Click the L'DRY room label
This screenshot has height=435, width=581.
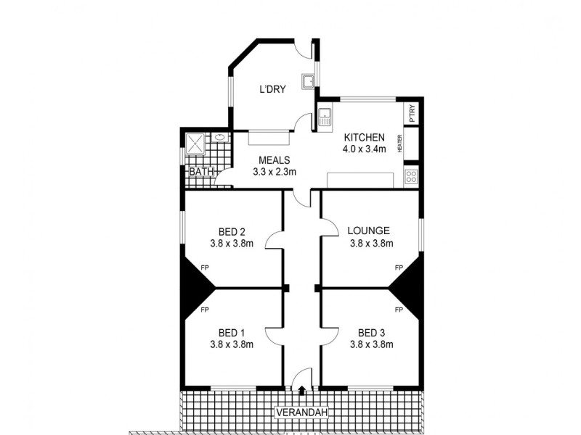pyautogui.click(x=273, y=90)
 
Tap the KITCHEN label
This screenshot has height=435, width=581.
pyautogui.click(x=364, y=138)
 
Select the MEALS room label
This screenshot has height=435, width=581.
pyautogui.click(x=273, y=160)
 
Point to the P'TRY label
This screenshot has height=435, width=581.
pyautogui.click(x=412, y=115)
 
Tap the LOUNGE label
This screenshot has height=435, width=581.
pyautogui.click(x=370, y=231)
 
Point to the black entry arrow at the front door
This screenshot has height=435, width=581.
pyautogui.click(x=302, y=389)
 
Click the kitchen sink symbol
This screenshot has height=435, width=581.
pyautogui.click(x=324, y=117)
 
